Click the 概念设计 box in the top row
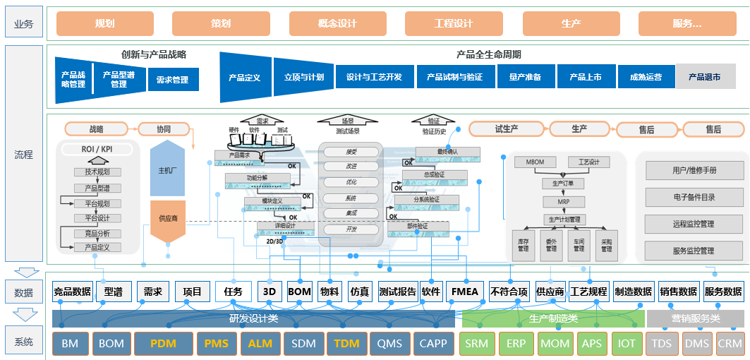pos(337,23)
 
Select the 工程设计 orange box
pos(454,23)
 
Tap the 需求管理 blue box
pos(173,80)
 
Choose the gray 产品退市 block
pos(705,77)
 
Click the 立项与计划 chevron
pos(304,77)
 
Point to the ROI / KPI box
pos(97,149)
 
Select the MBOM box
pos(536,162)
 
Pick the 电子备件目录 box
pos(694,197)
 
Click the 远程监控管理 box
pos(694,224)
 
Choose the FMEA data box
pos(465,292)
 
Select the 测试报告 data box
pos(397,292)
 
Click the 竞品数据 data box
pos(72,292)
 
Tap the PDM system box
pos(163,344)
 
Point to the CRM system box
pos(730,344)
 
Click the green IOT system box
pos(627,344)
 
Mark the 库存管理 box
pos(523,244)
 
